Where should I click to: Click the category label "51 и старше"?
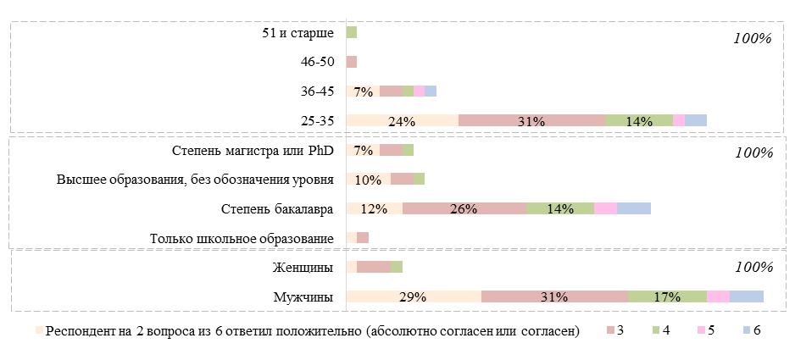coord(297,33)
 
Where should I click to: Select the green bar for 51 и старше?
coord(352,32)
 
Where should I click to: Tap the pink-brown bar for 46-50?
coord(352,62)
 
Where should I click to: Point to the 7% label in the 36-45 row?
coord(364,91)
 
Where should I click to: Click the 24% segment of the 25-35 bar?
coord(402,120)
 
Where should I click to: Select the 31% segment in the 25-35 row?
coord(531,120)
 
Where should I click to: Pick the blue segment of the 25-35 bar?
coord(696,120)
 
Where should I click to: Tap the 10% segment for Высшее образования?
coord(369,180)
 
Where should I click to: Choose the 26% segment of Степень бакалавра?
coord(464,209)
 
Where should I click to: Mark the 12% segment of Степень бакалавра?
coord(374,209)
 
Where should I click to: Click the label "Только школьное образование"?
coord(242,239)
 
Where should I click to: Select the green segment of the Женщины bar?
coord(397,268)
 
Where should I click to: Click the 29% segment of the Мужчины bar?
coord(414,296)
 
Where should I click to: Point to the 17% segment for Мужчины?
coord(668,296)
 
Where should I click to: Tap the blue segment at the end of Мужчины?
coord(747,296)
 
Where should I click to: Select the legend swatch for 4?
coord(656,330)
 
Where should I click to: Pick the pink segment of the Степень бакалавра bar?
coord(605,209)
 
